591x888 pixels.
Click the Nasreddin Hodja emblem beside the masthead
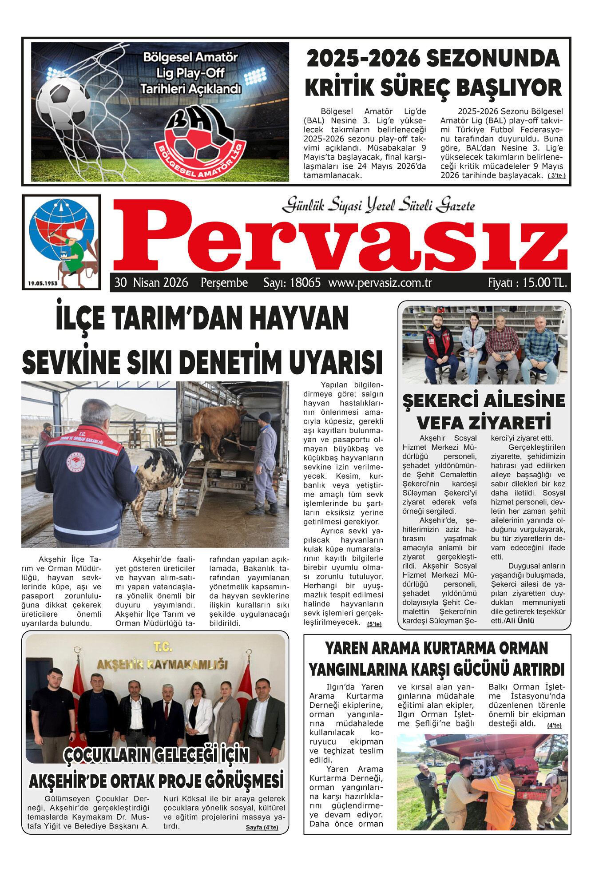62,238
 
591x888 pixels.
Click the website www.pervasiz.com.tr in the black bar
380,283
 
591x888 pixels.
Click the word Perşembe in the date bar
224,283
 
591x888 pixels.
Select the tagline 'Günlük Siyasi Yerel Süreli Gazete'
378,205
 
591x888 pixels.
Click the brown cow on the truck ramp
218,426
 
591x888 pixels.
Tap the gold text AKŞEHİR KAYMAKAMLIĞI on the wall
162,664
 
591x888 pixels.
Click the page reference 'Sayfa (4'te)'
262,827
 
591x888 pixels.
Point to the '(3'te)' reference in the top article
556,176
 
